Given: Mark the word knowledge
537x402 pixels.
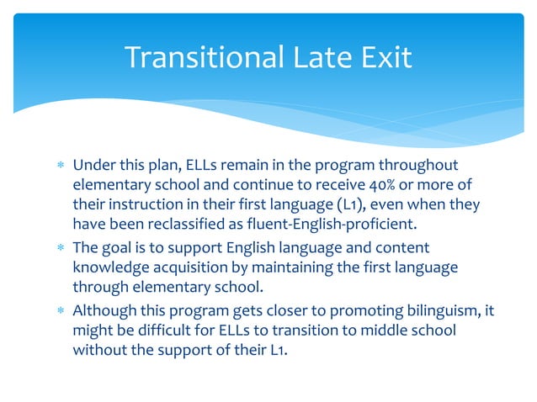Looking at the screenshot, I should [112, 268].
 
